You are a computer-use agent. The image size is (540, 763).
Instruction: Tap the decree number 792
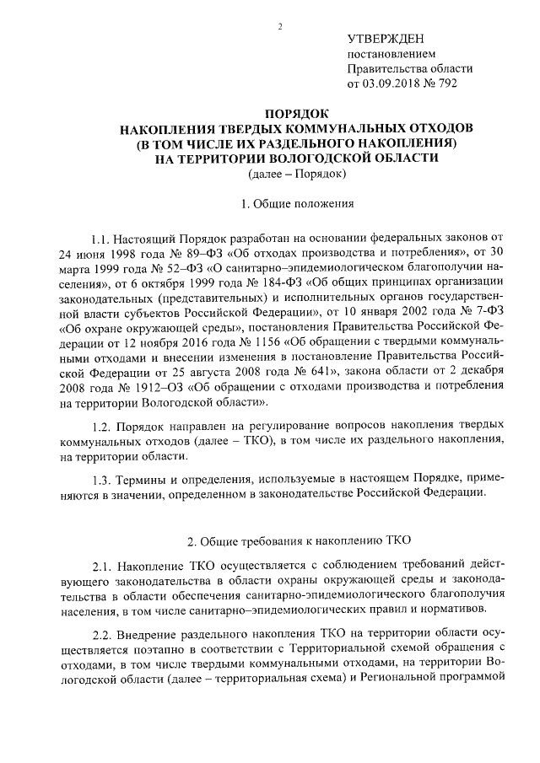click(460, 84)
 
